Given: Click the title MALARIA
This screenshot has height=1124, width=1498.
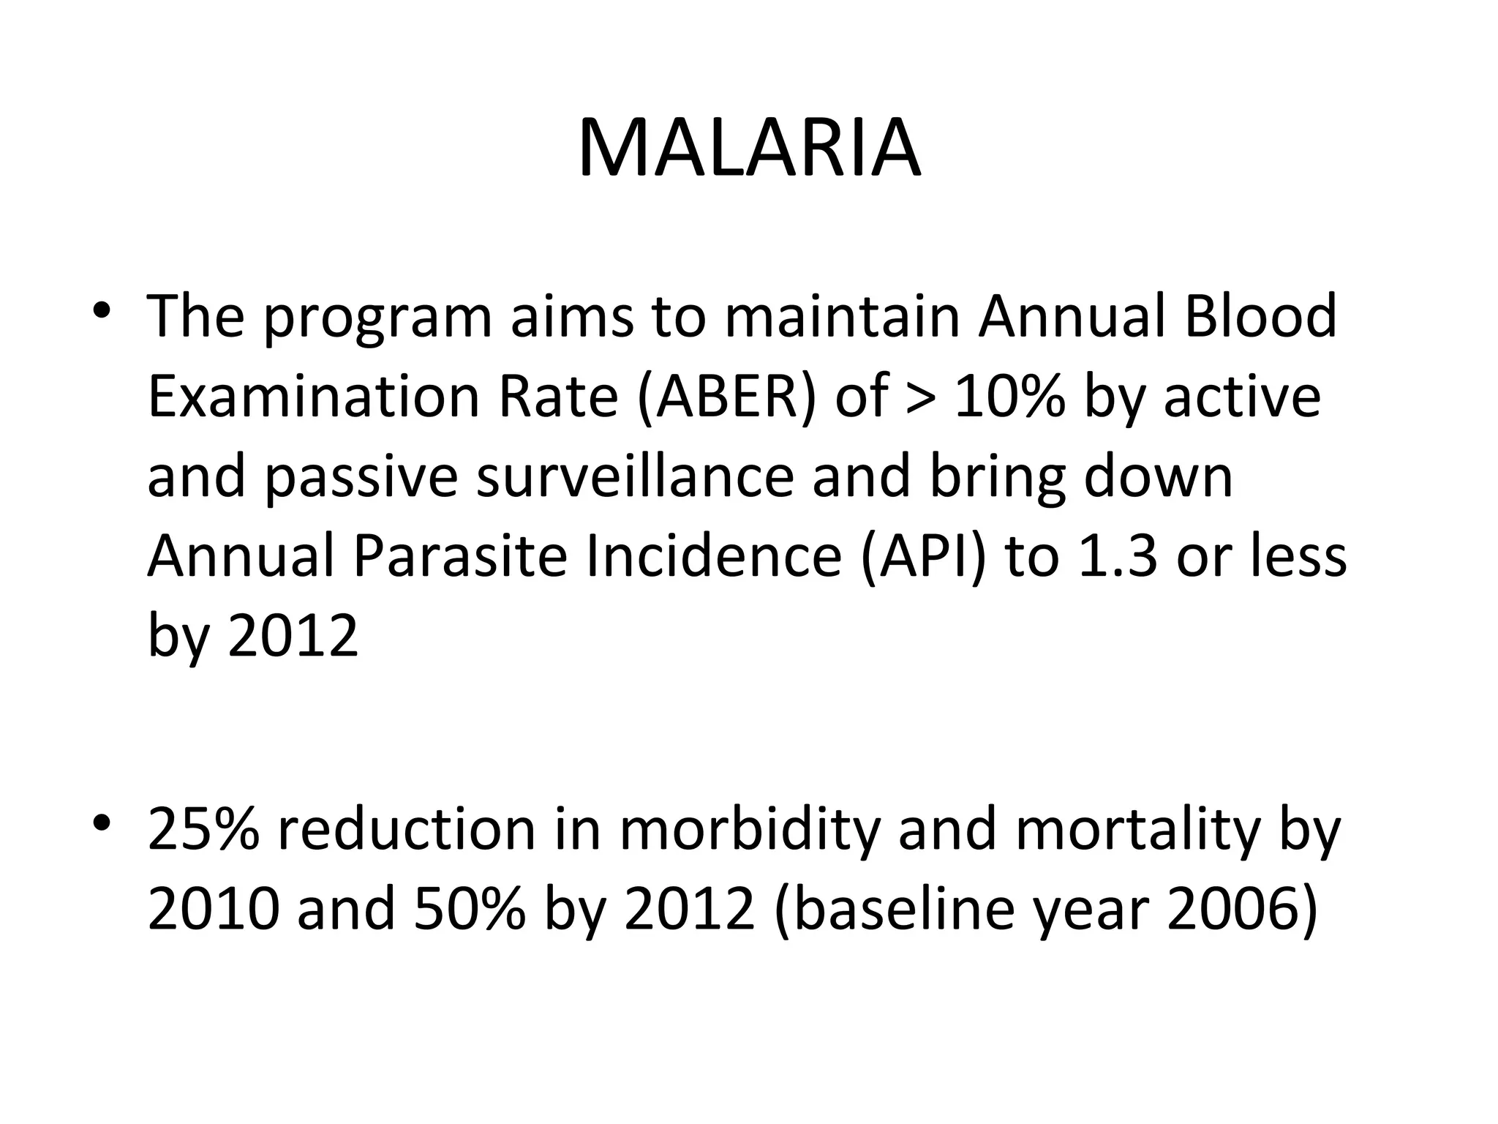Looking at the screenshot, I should click(x=749, y=149).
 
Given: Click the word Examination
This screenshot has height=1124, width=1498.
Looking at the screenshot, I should click(x=314, y=397).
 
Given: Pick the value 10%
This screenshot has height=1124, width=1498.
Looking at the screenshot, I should click(x=1009, y=397).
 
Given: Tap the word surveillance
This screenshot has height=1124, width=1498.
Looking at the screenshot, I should click(x=635, y=476).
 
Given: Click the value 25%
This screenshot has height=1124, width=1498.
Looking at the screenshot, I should click(x=203, y=829).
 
